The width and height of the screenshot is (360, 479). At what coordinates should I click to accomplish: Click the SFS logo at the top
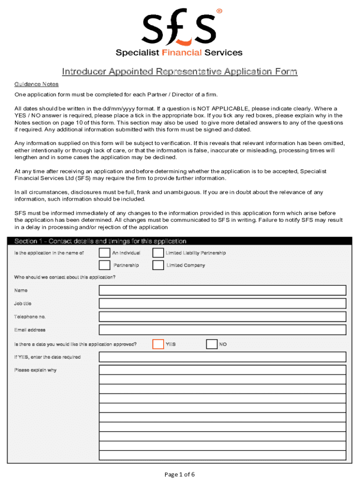point(179,27)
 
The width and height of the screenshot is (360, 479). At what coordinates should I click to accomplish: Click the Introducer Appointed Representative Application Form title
point(180,72)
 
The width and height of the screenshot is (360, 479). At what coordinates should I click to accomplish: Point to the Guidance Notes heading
point(36,85)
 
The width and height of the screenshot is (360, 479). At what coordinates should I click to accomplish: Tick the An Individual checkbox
point(104,253)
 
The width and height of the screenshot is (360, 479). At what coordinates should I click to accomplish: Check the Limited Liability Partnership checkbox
point(158,253)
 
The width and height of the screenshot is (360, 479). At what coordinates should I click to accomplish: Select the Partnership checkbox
point(104,265)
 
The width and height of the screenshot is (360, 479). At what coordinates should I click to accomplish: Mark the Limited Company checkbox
point(158,265)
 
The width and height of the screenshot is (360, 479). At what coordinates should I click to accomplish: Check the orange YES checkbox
point(158,344)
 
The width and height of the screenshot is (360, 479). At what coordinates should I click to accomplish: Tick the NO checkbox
point(211,344)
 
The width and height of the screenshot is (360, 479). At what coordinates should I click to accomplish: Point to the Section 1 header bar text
point(100,241)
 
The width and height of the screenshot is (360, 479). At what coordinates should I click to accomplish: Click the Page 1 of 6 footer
point(180,474)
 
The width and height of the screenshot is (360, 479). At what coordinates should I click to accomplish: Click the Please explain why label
point(36,370)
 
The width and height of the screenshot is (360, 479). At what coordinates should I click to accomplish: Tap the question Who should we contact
point(65,277)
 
